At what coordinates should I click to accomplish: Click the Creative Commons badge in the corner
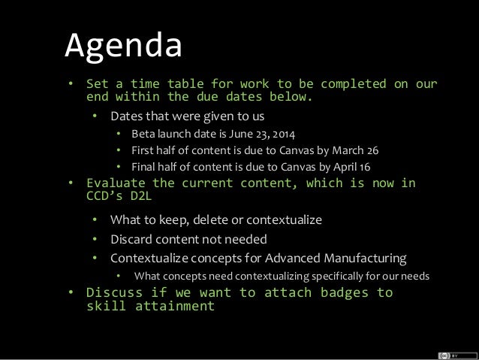click(453, 352)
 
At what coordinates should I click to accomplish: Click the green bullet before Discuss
click(71, 292)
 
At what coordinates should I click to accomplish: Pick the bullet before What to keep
click(95, 221)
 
